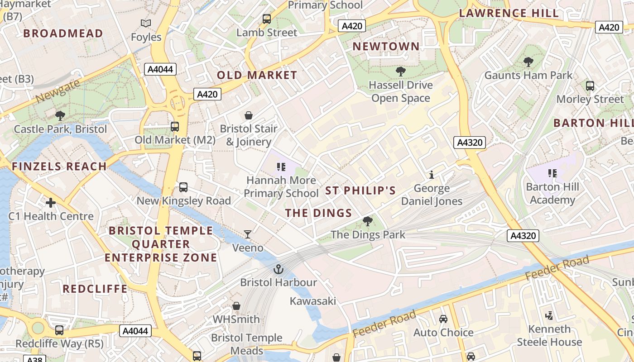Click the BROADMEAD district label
[63, 33]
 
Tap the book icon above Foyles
[146, 23]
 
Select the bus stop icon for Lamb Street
[267, 19]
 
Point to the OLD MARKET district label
[257, 76]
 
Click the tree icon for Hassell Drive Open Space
[400, 71]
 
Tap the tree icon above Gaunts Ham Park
[528, 62]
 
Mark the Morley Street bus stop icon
[590, 86]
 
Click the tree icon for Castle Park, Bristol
[60, 116]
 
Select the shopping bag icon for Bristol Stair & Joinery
[248, 115]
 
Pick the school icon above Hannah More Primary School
[281, 167]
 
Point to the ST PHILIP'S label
[360, 191]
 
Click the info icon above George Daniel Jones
[432, 175]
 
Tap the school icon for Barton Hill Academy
[552, 173]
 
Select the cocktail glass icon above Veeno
[248, 234]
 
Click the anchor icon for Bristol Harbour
[278, 270]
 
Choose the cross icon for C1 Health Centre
[51, 202]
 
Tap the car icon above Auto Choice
[443, 319]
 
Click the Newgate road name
[58, 90]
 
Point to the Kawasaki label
[313, 301]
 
